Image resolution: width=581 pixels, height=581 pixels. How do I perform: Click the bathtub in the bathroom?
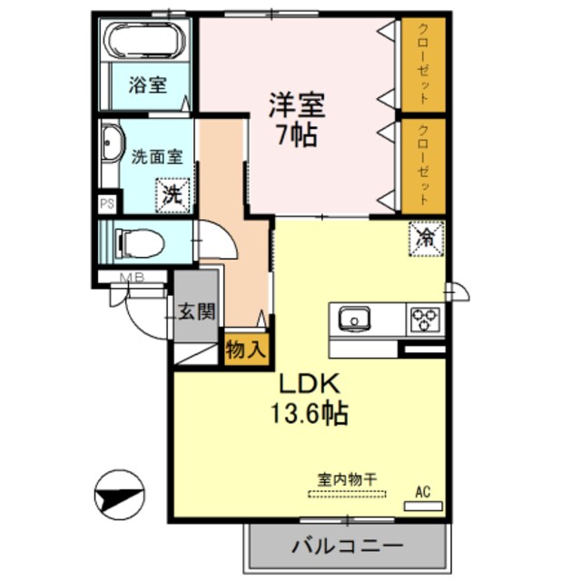click(x=145, y=42)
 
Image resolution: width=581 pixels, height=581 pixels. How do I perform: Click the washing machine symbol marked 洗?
click(x=172, y=192)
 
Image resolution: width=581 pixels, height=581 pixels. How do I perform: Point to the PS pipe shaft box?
click(x=107, y=204)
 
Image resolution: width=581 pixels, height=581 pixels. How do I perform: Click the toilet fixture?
click(x=139, y=242)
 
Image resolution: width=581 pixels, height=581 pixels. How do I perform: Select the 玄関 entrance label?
click(x=195, y=311)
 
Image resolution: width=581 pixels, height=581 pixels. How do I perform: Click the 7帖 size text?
click(x=296, y=136)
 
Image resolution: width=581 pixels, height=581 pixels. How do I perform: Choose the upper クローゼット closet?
click(x=424, y=64)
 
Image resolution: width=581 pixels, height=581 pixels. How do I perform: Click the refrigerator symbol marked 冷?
click(x=426, y=239)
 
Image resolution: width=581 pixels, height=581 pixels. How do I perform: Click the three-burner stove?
click(x=424, y=319)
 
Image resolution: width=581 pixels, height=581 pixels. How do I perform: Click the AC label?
click(x=422, y=491)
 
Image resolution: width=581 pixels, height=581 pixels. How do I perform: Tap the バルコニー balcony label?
click(x=348, y=547)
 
